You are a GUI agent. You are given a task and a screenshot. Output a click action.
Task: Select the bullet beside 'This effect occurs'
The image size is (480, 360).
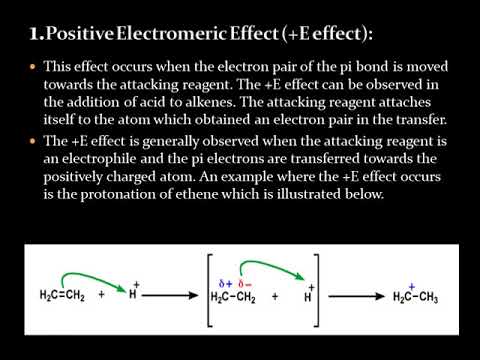pos(32,66)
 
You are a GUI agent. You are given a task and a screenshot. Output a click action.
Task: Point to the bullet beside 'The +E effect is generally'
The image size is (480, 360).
pos(32,142)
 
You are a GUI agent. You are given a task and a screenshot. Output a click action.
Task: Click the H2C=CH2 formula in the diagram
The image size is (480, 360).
pos(62,297)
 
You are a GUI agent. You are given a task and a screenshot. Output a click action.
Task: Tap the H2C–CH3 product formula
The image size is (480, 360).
pos(415,297)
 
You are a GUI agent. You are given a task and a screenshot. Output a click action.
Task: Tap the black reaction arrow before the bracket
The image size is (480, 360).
pos(174,297)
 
